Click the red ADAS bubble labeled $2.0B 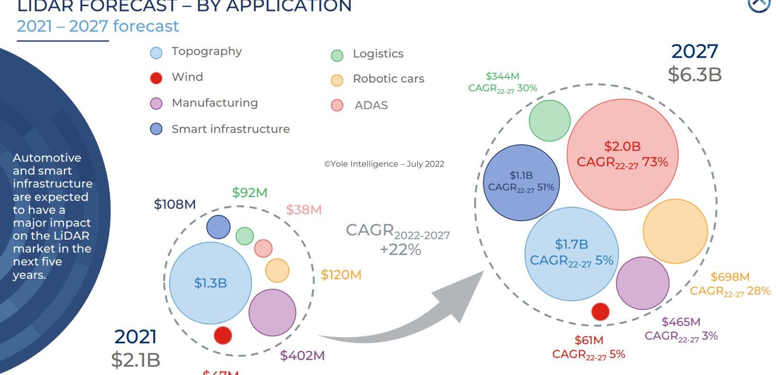pyautogui.click(x=622, y=154)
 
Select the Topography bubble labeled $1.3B pyautogui.click(x=211, y=283)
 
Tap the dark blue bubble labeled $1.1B pyautogui.click(x=521, y=183)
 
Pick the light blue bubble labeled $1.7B pyautogui.click(x=571, y=253)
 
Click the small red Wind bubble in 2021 pyautogui.click(x=223, y=335)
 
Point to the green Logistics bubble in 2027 pyautogui.click(x=549, y=121)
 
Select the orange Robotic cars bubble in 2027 pyautogui.click(x=675, y=231)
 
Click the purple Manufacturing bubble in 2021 pyautogui.click(x=272, y=313)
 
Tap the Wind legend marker pyautogui.click(x=156, y=78)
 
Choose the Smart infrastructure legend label pyautogui.click(x=230, y=129)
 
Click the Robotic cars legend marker pyautogui.click(x=337, y=80)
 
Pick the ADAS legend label pyautogui.click(x=371, y=105)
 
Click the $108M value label pyautogui.click(x=175, y=204)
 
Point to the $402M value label pyautogui.click(x=302, y=356)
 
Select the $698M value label pyautogui.click(x=730, y=277)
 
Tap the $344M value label pyautogui.click(x=503, y=76)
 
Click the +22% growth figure pyautogui.click(x=400, y=250)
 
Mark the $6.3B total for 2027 pyautogui.click(x=695, y=75)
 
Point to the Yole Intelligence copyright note pyautogui.click(x=384, y=164)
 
